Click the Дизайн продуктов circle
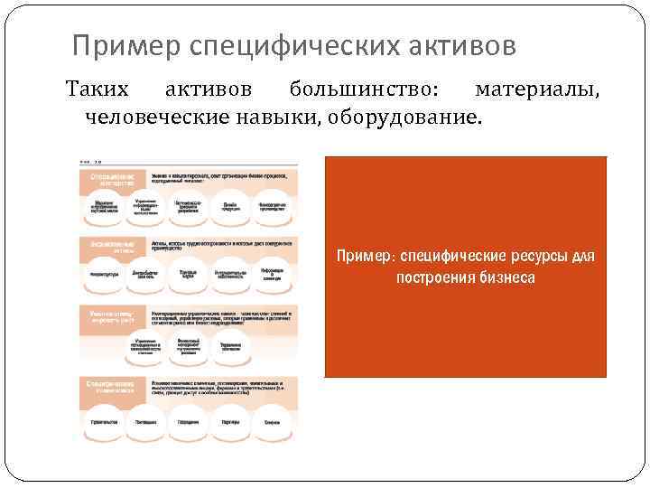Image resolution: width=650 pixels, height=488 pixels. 231,206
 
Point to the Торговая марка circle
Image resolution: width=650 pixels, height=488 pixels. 188,273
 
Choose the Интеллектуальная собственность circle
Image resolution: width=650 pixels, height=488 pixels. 231,273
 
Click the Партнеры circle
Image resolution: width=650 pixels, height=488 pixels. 231,421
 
